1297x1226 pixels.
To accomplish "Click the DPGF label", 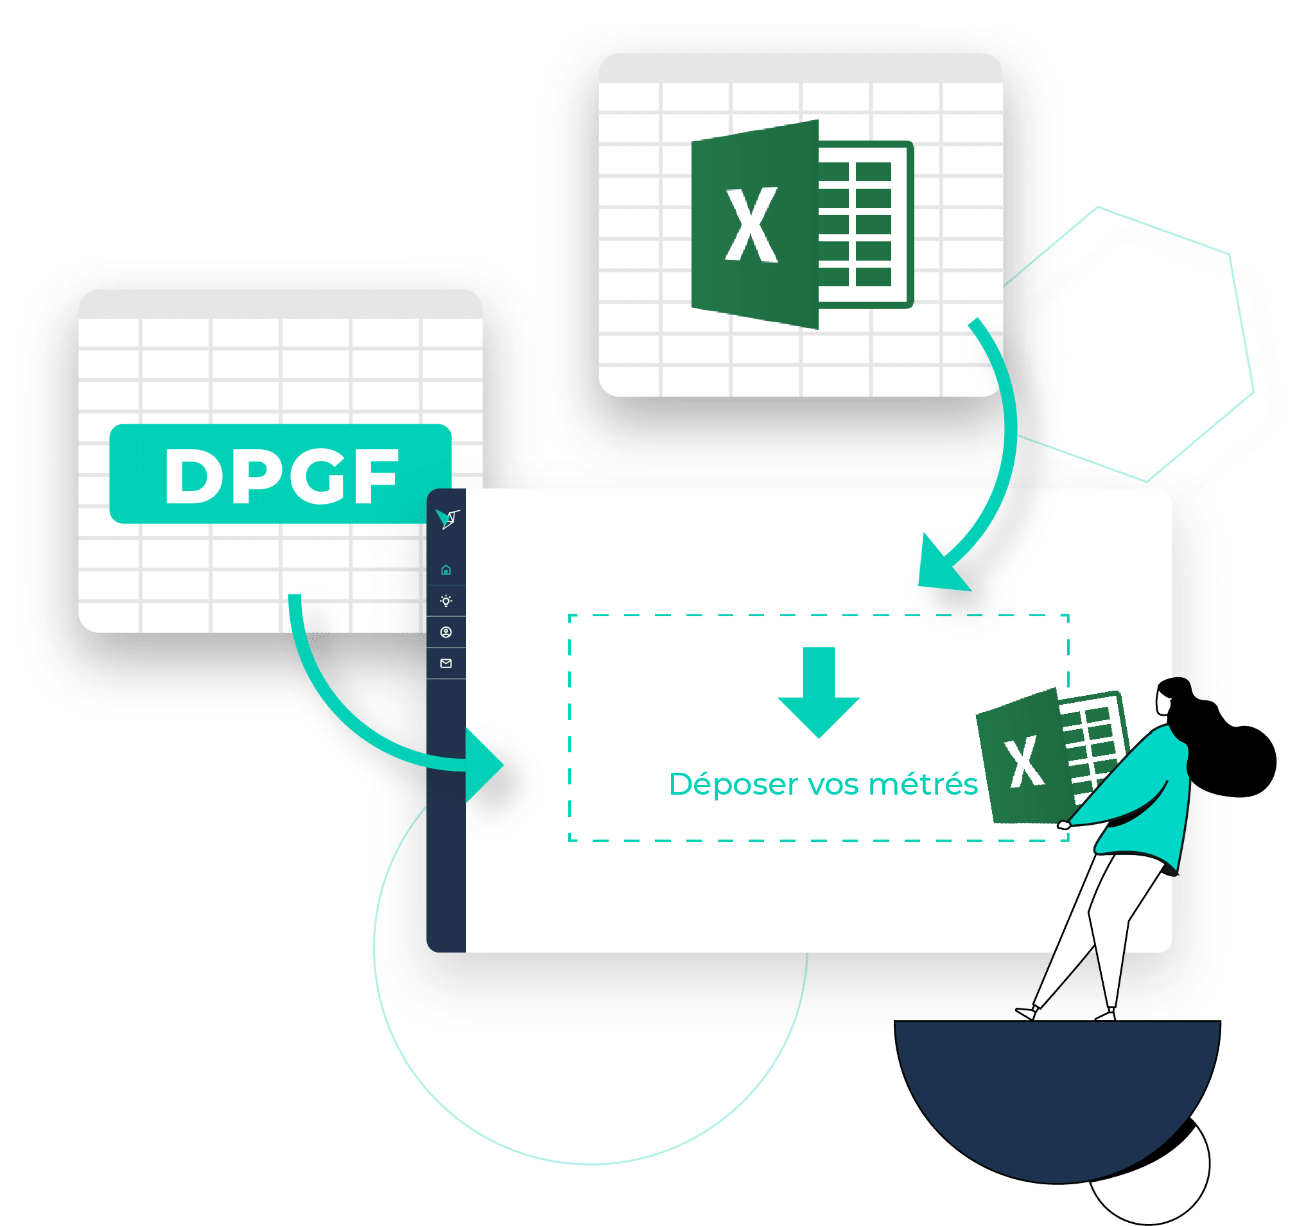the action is point(281,474).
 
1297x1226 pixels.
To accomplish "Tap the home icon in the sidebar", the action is point(446,570).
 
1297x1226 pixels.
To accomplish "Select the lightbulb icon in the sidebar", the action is point(446,601).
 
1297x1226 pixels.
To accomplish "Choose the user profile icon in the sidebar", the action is point(446,633).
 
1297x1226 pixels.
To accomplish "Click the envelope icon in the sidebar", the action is point(446,664).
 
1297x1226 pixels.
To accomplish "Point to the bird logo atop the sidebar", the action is point(448,519).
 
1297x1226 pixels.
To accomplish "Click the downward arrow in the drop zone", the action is point(819,693).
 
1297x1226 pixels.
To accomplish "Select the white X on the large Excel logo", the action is point(752,225).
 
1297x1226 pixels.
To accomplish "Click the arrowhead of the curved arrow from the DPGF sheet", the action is point(484,765).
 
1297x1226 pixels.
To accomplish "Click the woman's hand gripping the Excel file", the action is point(1065,825).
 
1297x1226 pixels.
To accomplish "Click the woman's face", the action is point(1162,702).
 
